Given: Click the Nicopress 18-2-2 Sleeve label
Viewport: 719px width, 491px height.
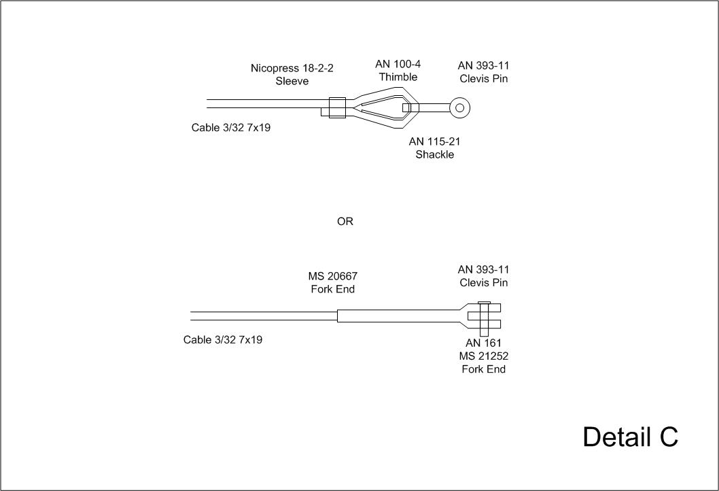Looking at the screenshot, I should [x=292, y=74].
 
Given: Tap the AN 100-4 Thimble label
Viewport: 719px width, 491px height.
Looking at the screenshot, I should [x=398, y=70].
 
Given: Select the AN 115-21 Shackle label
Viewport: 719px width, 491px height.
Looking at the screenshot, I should [x=434, y=148].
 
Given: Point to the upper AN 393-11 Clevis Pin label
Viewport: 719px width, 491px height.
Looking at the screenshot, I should [x=483, y=71].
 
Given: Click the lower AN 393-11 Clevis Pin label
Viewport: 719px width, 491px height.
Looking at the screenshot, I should [x=483, y=275].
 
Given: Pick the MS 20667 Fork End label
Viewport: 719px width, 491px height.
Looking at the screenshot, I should [x=332, y=282].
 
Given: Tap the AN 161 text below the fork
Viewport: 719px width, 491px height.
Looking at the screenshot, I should [x=483, y=343].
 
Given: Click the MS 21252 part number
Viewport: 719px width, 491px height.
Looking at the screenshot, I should [x=483, y=356].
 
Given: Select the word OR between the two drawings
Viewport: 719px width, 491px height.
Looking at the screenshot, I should [x=345, y=222].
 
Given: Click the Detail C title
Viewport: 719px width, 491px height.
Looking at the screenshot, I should [x=630, y=437].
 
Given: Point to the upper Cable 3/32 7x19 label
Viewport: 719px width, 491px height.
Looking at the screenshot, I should [x=231, y=127].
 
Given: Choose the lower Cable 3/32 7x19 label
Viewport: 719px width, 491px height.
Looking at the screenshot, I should [x=223, y=339].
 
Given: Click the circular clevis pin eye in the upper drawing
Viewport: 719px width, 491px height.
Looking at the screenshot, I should [x=460, y=107].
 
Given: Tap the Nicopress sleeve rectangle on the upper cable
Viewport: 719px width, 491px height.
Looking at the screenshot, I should [x=337, y=107].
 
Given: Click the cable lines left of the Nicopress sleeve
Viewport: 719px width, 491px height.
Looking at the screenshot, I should [x=265, y=103].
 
